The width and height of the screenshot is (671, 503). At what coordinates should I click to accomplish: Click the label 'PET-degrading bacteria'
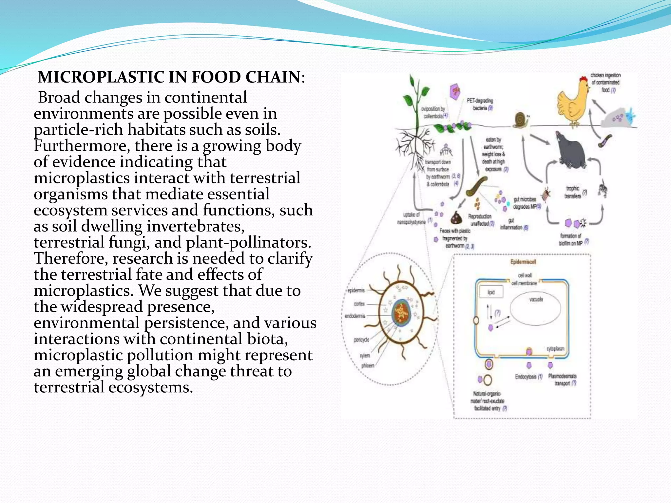[x=480, y=104]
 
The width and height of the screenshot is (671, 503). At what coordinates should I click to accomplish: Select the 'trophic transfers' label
[x=573, y=192]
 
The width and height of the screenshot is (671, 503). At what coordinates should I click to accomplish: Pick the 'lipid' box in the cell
[x=491, y=292]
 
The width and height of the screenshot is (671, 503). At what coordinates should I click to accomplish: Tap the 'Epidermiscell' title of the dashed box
[x=523, y=262]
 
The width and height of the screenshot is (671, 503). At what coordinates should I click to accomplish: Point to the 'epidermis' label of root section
[x=356, y=290]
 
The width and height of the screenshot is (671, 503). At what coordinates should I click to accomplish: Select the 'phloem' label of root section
[x=368, y=365]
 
